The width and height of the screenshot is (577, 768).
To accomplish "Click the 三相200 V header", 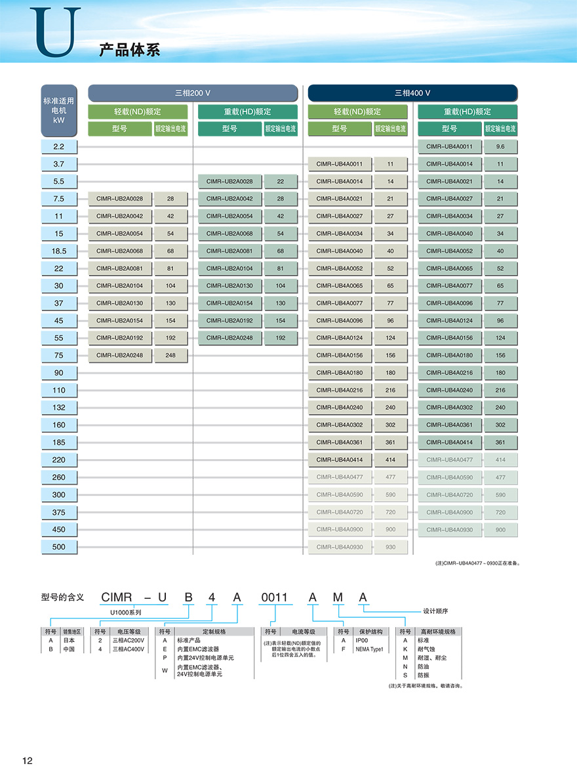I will (192, 93).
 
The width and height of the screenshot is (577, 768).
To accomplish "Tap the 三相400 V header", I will (412, 93).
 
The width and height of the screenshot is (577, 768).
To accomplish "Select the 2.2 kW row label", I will (59, 146).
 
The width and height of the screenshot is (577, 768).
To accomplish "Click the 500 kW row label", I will (59, 546).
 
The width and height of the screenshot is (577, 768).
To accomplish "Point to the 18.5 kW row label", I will (59, 251).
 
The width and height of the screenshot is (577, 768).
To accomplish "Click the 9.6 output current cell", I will (500, 146).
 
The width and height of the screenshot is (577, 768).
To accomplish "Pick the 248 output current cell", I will (170, 355).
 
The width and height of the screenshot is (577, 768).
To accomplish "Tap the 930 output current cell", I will (391, 546).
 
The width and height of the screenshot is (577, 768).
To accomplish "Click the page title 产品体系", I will (129, 50).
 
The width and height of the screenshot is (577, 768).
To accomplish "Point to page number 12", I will (28, 760).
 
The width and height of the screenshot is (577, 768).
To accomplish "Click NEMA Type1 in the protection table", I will (368, 649).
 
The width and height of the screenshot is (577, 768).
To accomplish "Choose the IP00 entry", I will (361, 639).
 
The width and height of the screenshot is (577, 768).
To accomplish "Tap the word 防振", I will (423, 675).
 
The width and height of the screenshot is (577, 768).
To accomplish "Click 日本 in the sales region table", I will (69, 639).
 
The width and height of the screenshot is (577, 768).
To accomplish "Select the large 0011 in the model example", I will (275, 597).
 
